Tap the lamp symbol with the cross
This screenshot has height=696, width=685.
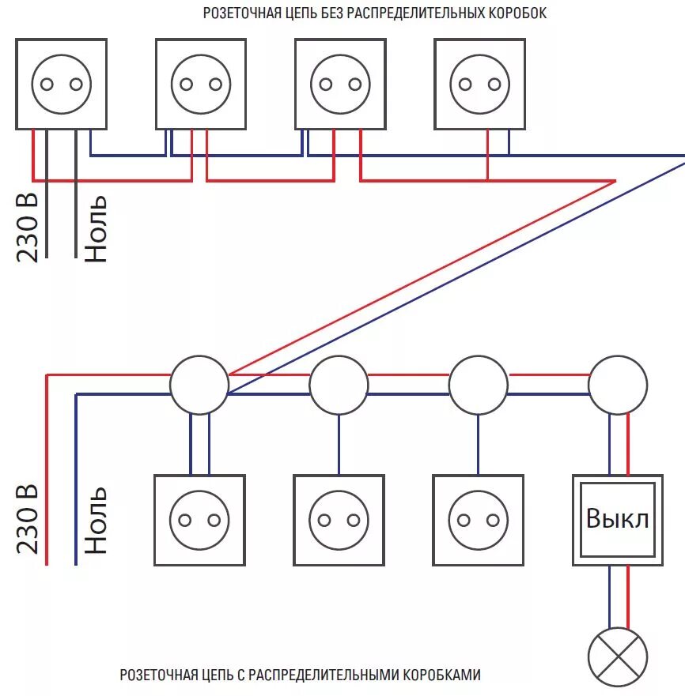[618, 657]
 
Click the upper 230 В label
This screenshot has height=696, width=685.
[28, 228]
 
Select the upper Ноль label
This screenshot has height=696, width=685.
[96, 228]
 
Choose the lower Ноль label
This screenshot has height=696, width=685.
[96, 521]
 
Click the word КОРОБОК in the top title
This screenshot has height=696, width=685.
[518, 13]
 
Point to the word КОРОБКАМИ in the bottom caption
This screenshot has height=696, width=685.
[442, 675]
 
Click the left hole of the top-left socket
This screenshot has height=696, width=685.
[47, 85]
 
